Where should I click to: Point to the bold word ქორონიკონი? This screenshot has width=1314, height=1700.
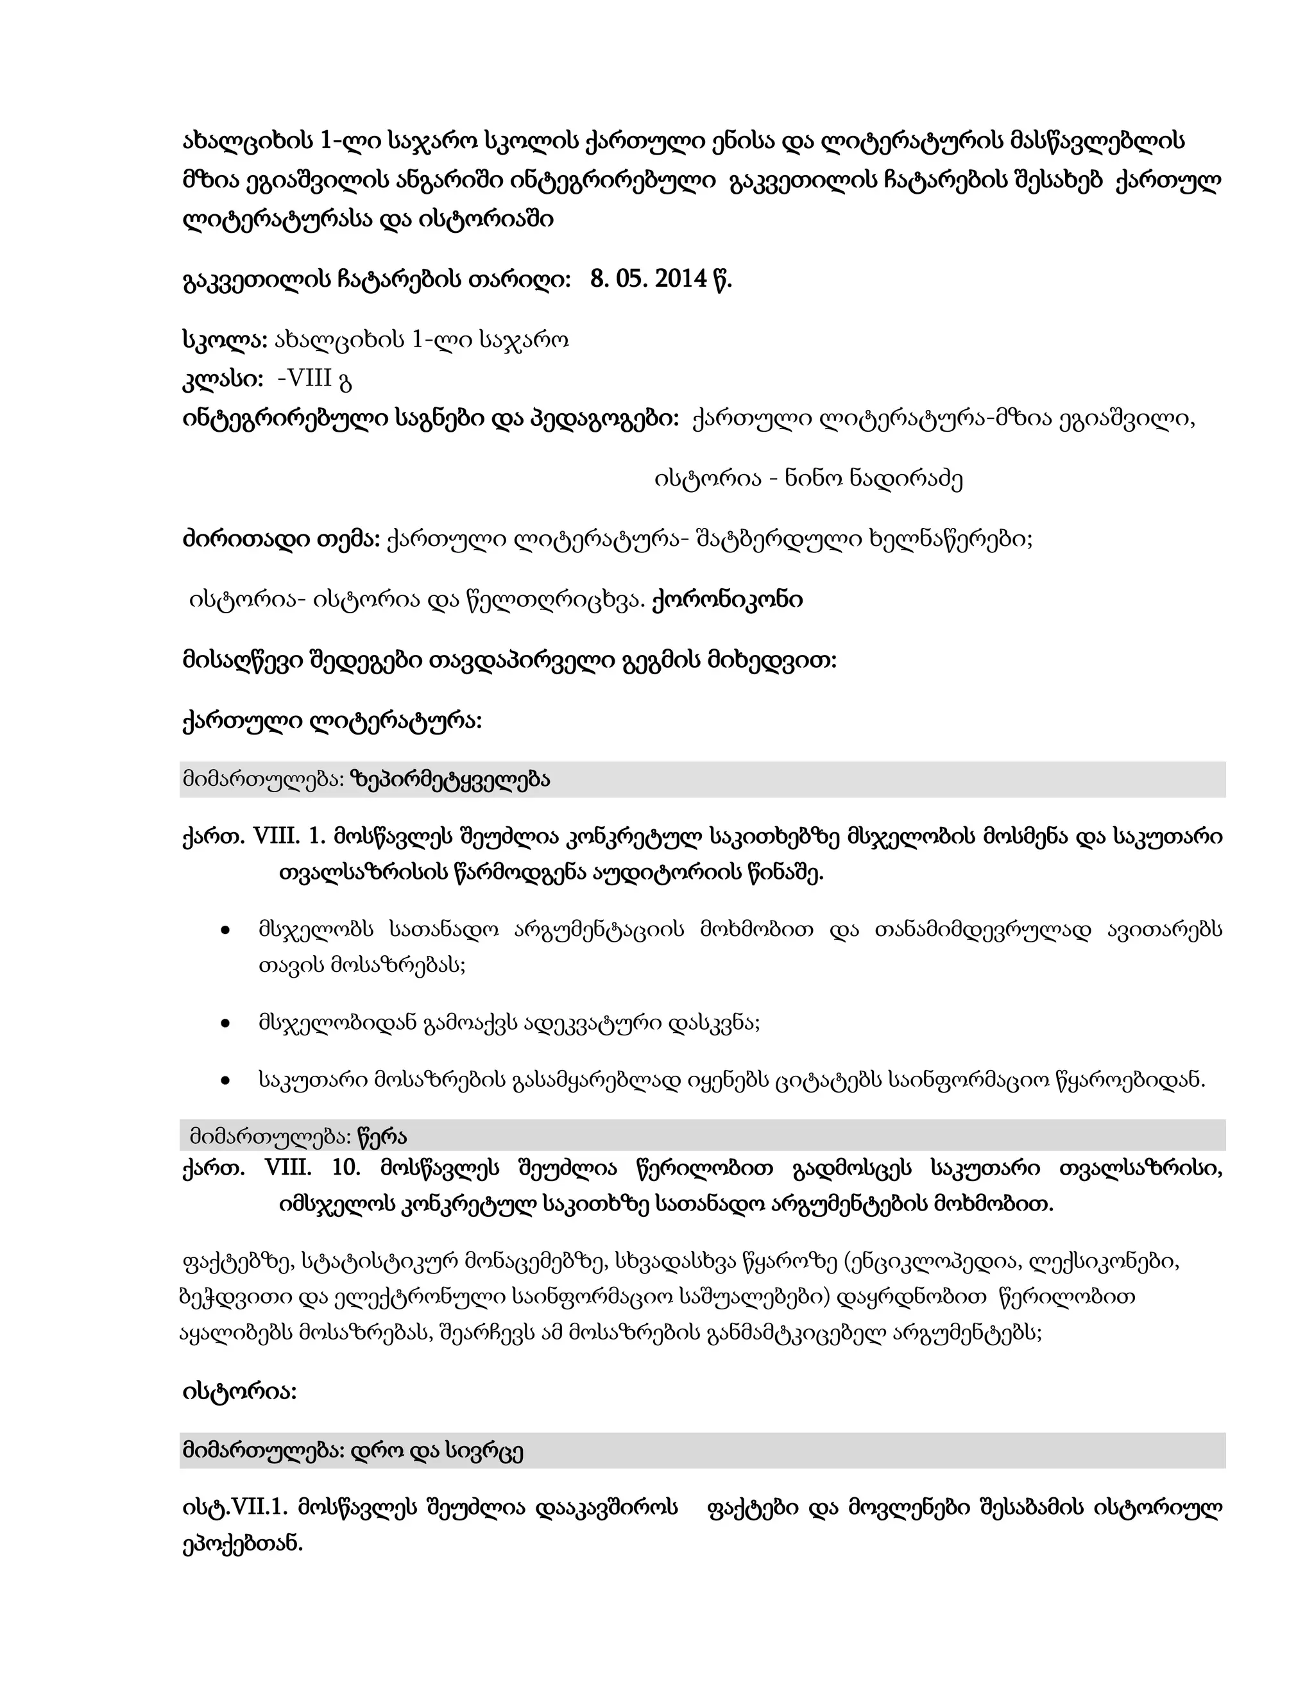[726, 600]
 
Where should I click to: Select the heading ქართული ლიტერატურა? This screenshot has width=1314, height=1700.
[332, 722]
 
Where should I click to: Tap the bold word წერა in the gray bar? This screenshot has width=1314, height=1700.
[382, 1137]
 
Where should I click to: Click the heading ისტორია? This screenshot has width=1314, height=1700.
[239, 1391]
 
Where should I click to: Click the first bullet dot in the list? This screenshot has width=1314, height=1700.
[225, 930]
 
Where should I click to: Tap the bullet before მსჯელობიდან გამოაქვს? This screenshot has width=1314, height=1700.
[225, 1023]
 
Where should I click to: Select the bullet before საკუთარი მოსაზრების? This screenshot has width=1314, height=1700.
[225, 1080]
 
